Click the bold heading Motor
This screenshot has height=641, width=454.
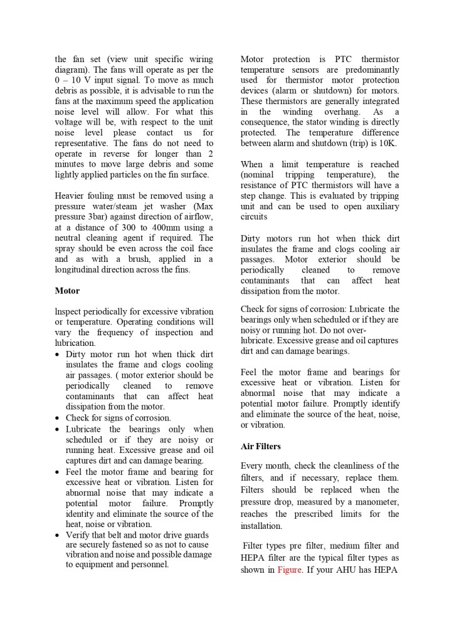pyautogui.click(x=67, y=291)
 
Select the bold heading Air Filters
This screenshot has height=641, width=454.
pyautogui.click(x=260, y=447)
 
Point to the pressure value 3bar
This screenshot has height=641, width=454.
pyautogui.click(x=103, y=217)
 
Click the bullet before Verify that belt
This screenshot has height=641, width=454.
pyautogui.click(x=58, y=535)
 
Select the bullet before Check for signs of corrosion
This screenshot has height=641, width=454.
pyautogui.click(x=58, y=418)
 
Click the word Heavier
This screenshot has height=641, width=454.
pyautogui.click(x=71, y=195)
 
